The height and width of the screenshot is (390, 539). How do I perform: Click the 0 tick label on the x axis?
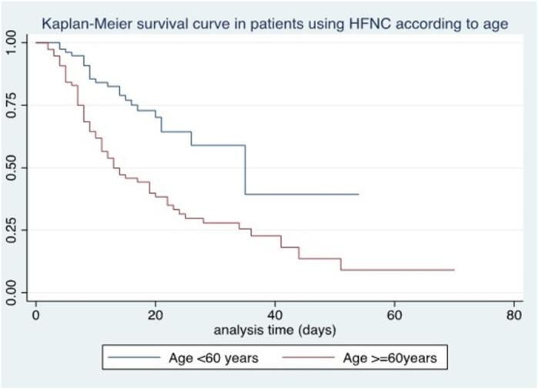click(x=35, y=316)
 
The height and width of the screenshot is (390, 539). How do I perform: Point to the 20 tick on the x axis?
click(x=155, y=316)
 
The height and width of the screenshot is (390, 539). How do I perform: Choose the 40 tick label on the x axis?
click(x=275, y=316)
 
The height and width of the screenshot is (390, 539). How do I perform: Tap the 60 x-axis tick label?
click(x=394, y=316)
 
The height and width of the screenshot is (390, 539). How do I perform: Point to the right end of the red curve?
click(x=454, y=270)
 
